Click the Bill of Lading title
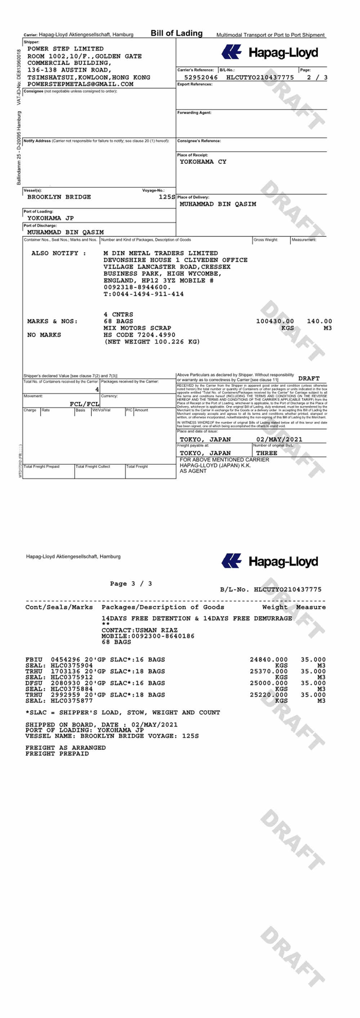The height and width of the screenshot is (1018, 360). point(176,33)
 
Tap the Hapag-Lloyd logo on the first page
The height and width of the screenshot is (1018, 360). point(270,52)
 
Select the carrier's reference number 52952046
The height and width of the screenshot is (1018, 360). point(201,77)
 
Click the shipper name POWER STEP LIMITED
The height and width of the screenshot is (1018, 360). point(65,49)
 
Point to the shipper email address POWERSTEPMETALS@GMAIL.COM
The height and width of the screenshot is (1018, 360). point(80,84)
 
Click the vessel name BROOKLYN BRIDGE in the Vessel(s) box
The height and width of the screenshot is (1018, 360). point(59,197)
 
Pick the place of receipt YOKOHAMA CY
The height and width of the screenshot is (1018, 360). point(203,162)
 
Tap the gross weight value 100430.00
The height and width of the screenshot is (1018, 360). point(275,321)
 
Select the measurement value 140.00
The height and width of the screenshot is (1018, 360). point(319,321)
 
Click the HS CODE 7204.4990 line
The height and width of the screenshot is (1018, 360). point(139,335)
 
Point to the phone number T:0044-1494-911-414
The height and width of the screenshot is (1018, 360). point(143,294)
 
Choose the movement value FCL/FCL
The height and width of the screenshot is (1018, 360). point(84,404)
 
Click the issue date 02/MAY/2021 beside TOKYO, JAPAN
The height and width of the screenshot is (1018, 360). point(279,440)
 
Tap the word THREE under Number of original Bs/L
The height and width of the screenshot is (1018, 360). point(266,453)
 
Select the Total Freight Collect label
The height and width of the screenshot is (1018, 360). point(93,466)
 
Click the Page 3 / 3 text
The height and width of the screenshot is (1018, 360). point(131,583)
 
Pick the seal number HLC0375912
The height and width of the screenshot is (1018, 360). point(72,677)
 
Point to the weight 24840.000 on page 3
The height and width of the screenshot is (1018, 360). point(268,659)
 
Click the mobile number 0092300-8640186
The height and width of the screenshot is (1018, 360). point(162,636)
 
